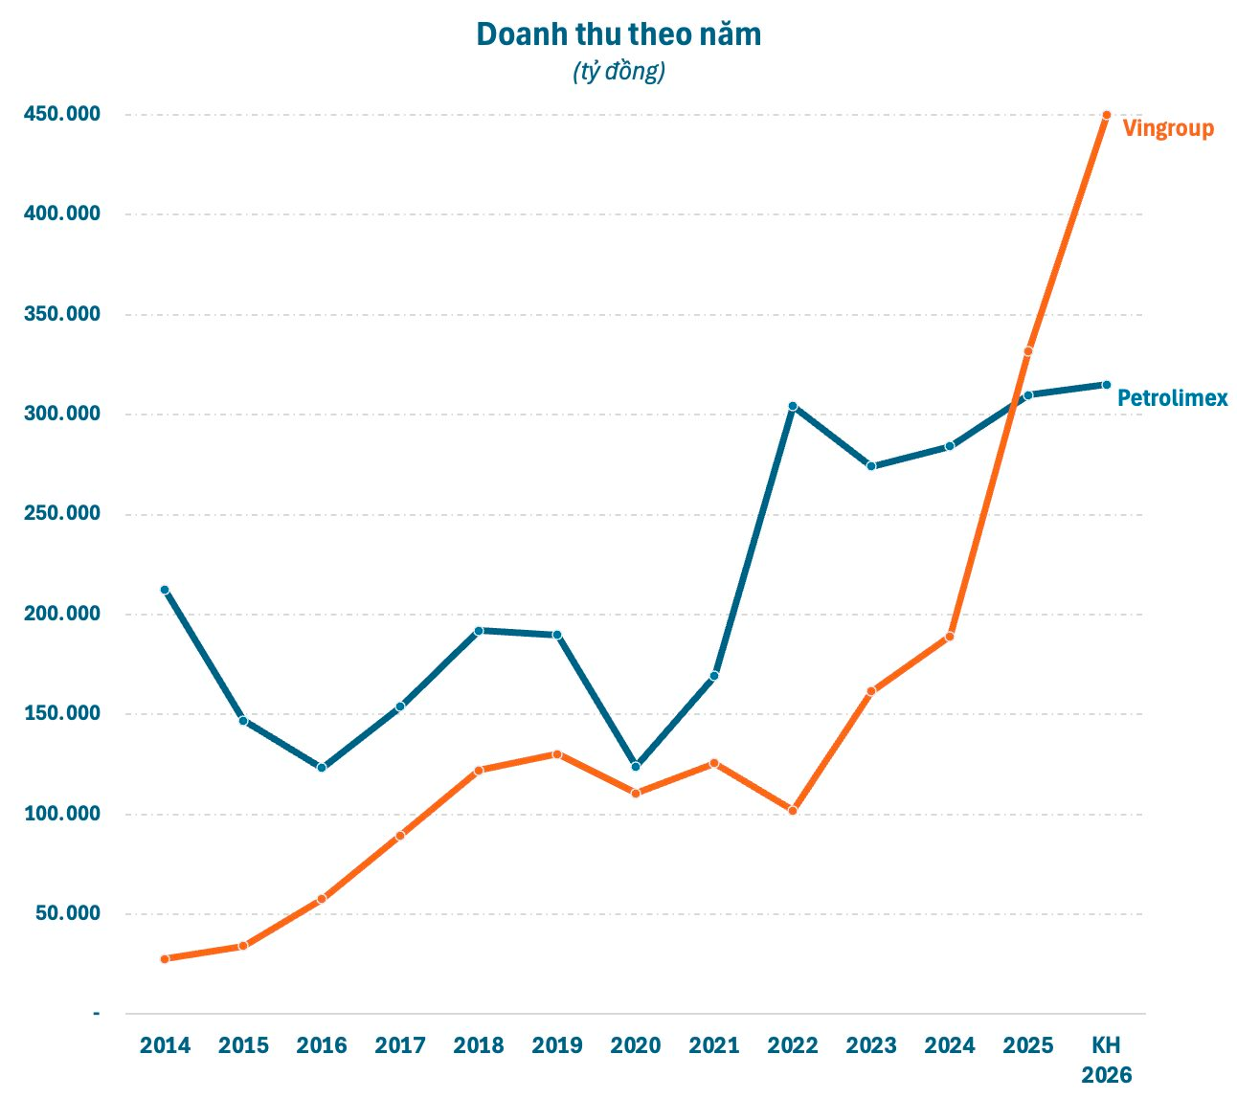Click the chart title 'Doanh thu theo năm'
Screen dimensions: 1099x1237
[x=618, y=34]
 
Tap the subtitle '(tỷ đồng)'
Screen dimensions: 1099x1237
[x=618, y=72]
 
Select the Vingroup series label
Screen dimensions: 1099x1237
[x=1167, y=128]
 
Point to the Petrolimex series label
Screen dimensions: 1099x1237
[x=1172, y=398]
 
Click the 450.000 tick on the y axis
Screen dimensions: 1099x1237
[x=61, y=115]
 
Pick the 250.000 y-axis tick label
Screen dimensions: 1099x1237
[x=61, y=514]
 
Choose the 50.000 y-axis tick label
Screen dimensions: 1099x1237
[x=67, y=913]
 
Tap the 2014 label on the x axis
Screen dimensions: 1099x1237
[x=165, y=1045]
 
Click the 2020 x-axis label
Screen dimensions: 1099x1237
[x=636, y=1045]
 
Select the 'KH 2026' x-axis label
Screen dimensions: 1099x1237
[x=1106, y=1059]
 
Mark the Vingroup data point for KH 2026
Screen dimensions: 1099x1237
[x=1106, y=115]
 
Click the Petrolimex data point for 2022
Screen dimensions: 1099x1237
[x=793, y=406]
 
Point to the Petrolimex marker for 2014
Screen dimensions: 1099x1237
[x=165, y=590]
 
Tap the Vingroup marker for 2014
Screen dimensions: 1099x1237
[x=165, y=958]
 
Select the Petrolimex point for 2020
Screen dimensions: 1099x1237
[x=636, y=766]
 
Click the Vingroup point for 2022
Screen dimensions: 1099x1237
[x=793, y=811]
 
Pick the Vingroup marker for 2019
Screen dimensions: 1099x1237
[x=557, y=754]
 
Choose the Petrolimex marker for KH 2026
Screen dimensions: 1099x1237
[x=1106, y=385]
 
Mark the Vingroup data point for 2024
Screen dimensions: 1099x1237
[x=950, y=637]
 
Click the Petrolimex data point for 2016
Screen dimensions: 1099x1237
[x=322, y=768]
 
